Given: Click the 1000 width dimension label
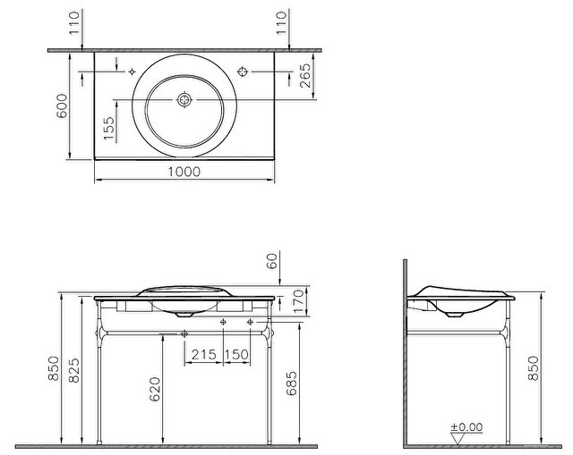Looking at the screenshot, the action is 184,172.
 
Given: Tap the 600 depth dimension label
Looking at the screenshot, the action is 62,105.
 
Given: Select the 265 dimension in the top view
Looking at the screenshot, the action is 304,75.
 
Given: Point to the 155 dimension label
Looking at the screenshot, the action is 108,129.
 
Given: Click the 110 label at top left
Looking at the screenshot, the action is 74,23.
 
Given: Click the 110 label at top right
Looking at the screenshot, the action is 281,23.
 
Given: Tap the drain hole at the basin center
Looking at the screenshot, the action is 184,99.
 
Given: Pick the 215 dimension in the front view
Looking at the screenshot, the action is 204,354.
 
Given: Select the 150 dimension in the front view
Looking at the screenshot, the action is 236,354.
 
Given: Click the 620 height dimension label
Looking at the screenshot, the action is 155,390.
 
